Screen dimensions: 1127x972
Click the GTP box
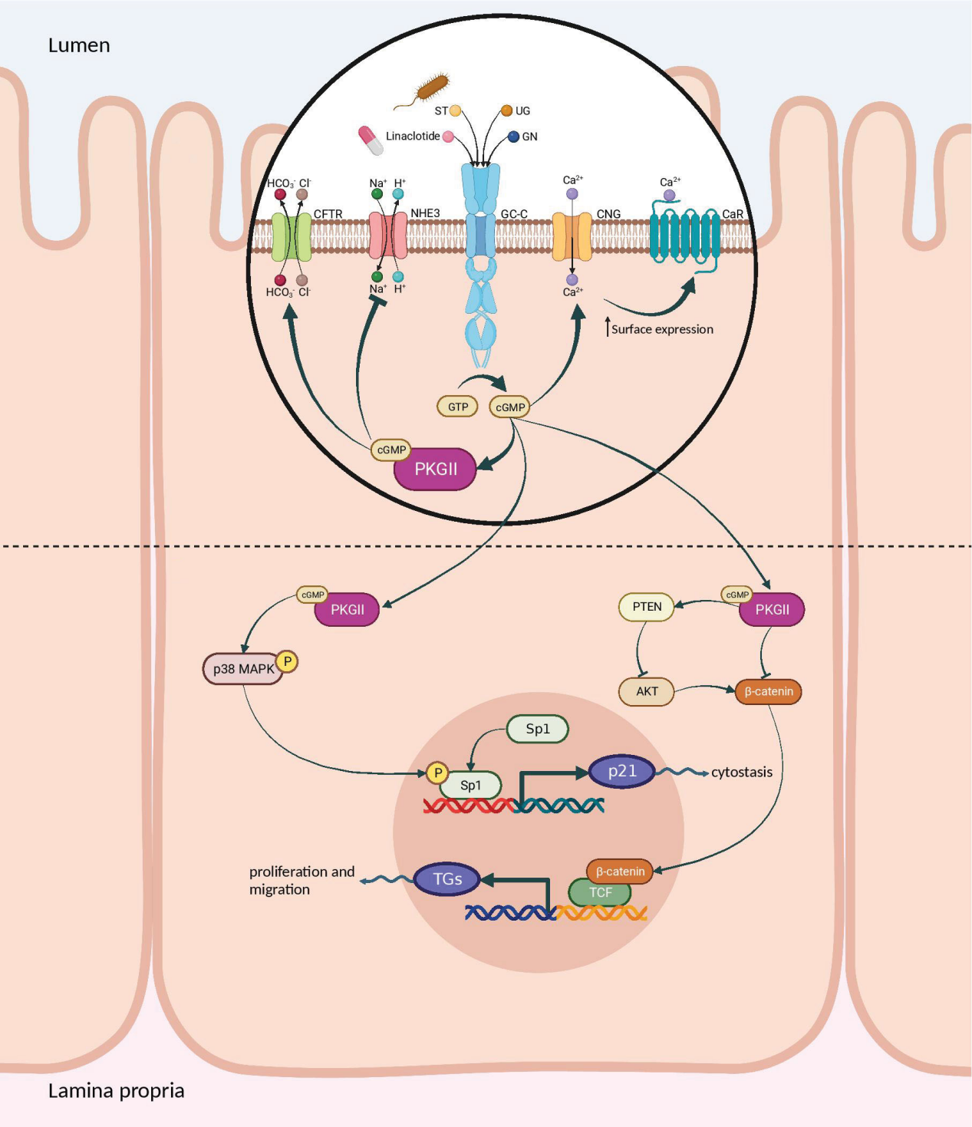[x=457, y=407]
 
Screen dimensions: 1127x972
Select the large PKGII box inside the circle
[x=435, y=469]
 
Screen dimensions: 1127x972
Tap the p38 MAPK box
[x=243, y=669]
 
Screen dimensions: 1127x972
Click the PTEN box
[x=646, y=607]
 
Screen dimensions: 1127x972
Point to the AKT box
[x=646, y=691]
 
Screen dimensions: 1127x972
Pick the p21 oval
[x=621, y=771]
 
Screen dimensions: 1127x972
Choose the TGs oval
[x=447, y=879]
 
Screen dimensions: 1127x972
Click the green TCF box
[x=600, y=893]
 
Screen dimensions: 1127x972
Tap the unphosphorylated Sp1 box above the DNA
[x=537, y=729]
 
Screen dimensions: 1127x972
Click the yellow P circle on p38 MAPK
[x=287, y=661]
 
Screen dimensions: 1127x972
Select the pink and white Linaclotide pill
[x=371, y=140]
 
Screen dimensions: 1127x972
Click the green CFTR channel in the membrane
[x=292, y=237]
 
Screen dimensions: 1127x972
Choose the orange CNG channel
[x=572, y=237]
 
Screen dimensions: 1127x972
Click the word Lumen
[x=79, y=45]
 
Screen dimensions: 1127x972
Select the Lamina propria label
[x=116, y=1090]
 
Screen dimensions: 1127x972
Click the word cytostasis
[x=741, y=772]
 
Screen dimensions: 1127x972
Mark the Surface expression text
[x=661, y=329]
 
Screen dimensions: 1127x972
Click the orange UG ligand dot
[x=506, y=110]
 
